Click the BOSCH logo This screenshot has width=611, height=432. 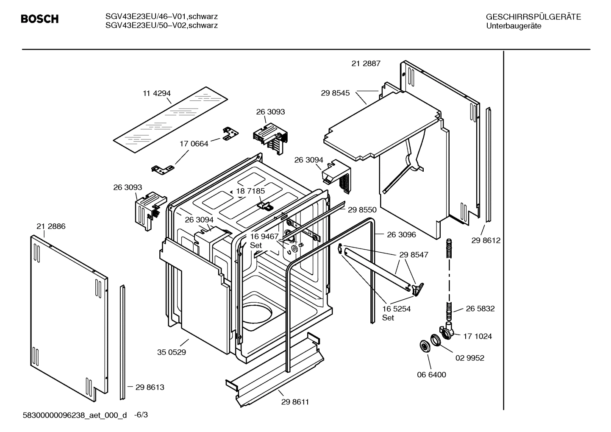point(39,19)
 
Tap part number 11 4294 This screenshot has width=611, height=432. point(156,93)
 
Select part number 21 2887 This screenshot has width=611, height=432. point(366,64)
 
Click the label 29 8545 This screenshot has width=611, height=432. point(335,93)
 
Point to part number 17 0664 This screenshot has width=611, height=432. point(194,144)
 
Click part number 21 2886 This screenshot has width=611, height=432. point(51,226)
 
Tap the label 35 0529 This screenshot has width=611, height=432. point(171,352)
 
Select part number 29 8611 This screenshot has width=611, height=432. point(295,402)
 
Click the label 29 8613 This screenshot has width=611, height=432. point(150,387)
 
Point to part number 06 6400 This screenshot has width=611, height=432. point(431,375)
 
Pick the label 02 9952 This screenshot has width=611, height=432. point(469,358)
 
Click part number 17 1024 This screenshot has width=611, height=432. point(478,336)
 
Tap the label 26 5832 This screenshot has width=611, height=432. point(480,309)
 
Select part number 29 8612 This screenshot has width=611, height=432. point(486,240)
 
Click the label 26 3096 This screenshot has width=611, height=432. point(401,234)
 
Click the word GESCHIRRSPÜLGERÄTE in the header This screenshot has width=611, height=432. point(533,17)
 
